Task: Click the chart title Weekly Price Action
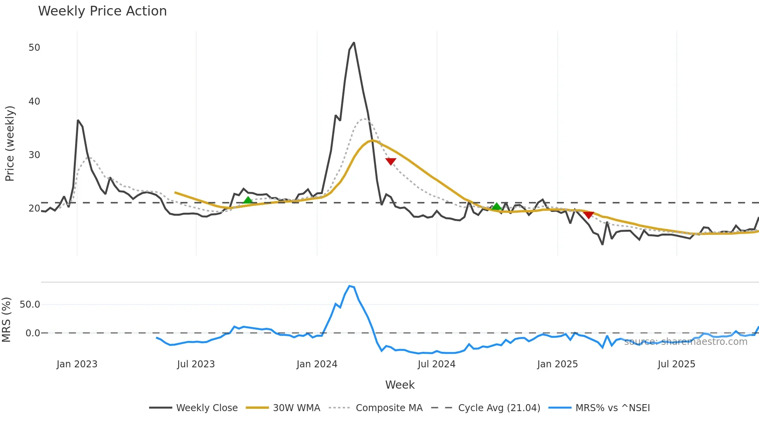tap(102, 11)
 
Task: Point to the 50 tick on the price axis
tap(34, 48)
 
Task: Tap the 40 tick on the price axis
tap(34, 102)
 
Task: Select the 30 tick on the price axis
tap(34, 155)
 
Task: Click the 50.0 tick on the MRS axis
tap(30, 305)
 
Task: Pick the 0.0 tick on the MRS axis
tap(33, 333)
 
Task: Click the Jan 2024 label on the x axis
tap(317, 364)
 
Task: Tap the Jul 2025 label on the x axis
tap(676, 364)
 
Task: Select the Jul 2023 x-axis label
tap(196, 364)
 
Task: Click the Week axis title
tap(400, 385)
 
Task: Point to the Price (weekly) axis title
tap(10, 143)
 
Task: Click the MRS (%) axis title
tap(6, 320)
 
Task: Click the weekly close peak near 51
tap(354, 43)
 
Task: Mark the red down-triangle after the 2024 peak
tap(391, 161)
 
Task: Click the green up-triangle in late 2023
tap(248, 200)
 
